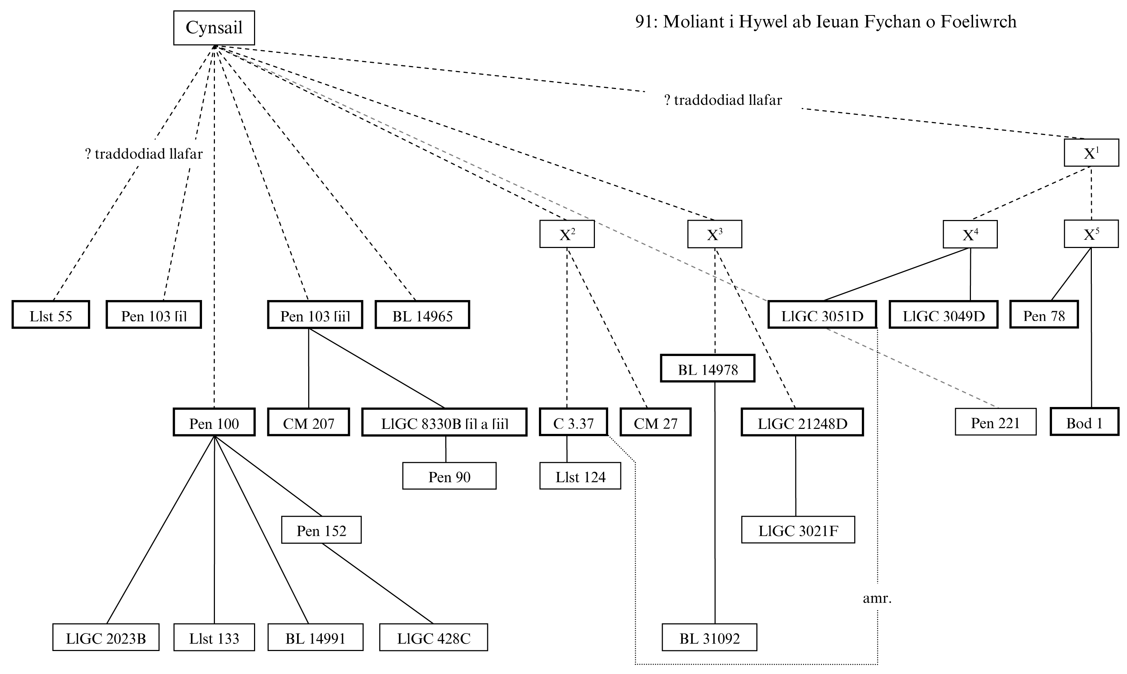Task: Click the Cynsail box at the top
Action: point(214,28)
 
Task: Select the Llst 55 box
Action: point(51,315)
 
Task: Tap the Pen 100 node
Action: point(214,422)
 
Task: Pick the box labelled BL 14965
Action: point(422,315)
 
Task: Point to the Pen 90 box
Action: point(449,476)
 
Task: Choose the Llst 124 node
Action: point(580,476)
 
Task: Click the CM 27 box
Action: point(655,422)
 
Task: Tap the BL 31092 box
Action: point(709,638)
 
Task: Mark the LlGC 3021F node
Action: point(798,530)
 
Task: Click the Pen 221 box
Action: point(995,422)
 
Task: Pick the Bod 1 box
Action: point(1084,422)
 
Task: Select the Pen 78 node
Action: point(1044,315)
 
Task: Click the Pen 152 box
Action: point(321,530)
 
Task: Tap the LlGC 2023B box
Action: point(106,638)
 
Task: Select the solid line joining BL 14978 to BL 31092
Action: point(715,500)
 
